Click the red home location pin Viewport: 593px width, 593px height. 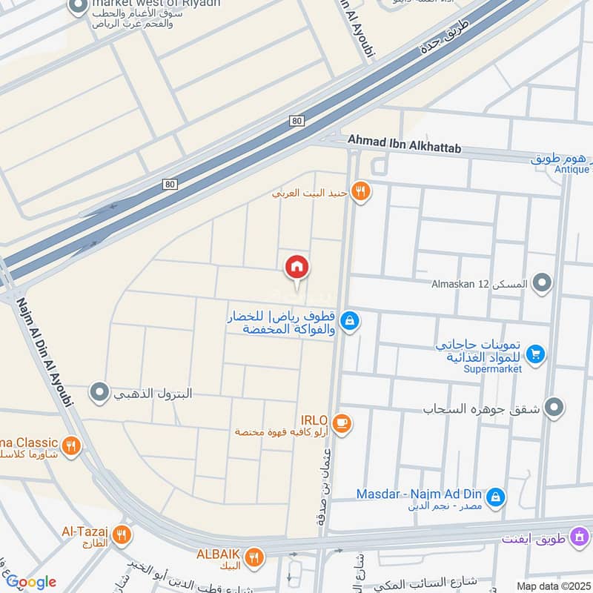coord(297,267)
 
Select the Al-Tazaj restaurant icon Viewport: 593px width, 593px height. coord(121,533)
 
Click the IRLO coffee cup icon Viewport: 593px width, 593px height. coord(342,423)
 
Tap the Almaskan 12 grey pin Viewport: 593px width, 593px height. coord(543,283)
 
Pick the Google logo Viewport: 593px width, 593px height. coord(31,582)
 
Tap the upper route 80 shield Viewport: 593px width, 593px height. coord(297,120)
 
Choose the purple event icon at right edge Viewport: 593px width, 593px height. coord(580,535)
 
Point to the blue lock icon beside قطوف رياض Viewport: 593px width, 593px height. coord(351,321)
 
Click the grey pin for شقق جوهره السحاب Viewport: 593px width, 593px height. coord(553,407)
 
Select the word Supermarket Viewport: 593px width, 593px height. coord(493,368)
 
